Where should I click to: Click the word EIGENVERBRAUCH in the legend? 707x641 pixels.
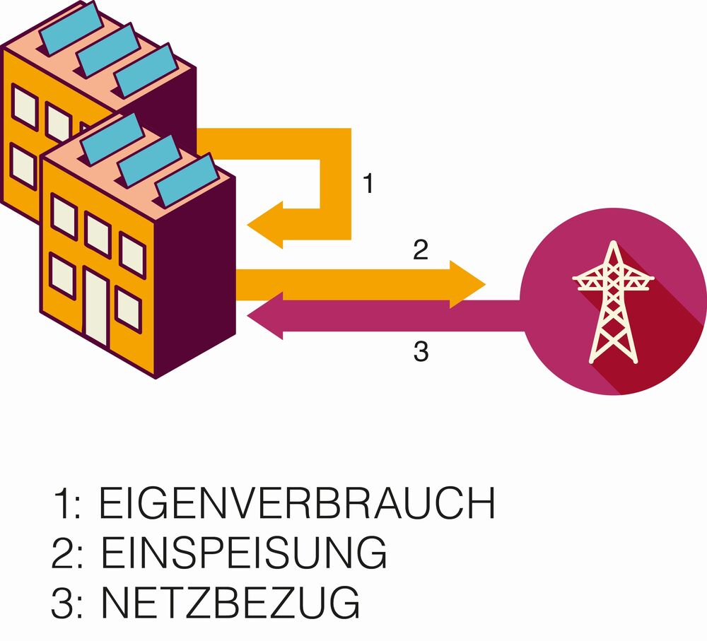[297, 505]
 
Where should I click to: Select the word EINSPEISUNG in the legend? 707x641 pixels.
[244, 553]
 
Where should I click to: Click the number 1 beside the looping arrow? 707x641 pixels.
[368, 184]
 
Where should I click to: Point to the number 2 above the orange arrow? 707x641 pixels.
[420, 251]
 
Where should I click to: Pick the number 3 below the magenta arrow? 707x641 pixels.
[421, 351]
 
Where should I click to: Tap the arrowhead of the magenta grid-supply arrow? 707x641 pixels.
[265, 316]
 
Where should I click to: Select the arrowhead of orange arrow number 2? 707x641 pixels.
[467, 284]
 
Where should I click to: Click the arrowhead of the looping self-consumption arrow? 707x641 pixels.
[265, 224]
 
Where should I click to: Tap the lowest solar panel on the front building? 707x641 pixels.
[185, 181]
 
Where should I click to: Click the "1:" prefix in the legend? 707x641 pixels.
[66, 505]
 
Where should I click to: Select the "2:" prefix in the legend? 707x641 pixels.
[68, 553]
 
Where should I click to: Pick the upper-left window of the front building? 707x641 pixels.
[64, 216]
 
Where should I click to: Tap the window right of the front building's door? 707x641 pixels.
[128, 308]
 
